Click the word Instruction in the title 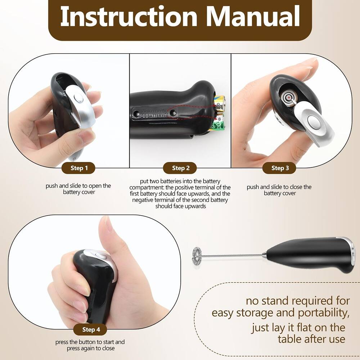(129, 16)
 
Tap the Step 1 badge (78, 168)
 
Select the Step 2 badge (180, 168)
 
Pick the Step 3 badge (279, 168)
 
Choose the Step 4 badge (91, 330)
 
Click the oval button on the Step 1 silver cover (78, 98)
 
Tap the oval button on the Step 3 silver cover (314, 121)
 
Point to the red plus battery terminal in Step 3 (288, 98)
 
